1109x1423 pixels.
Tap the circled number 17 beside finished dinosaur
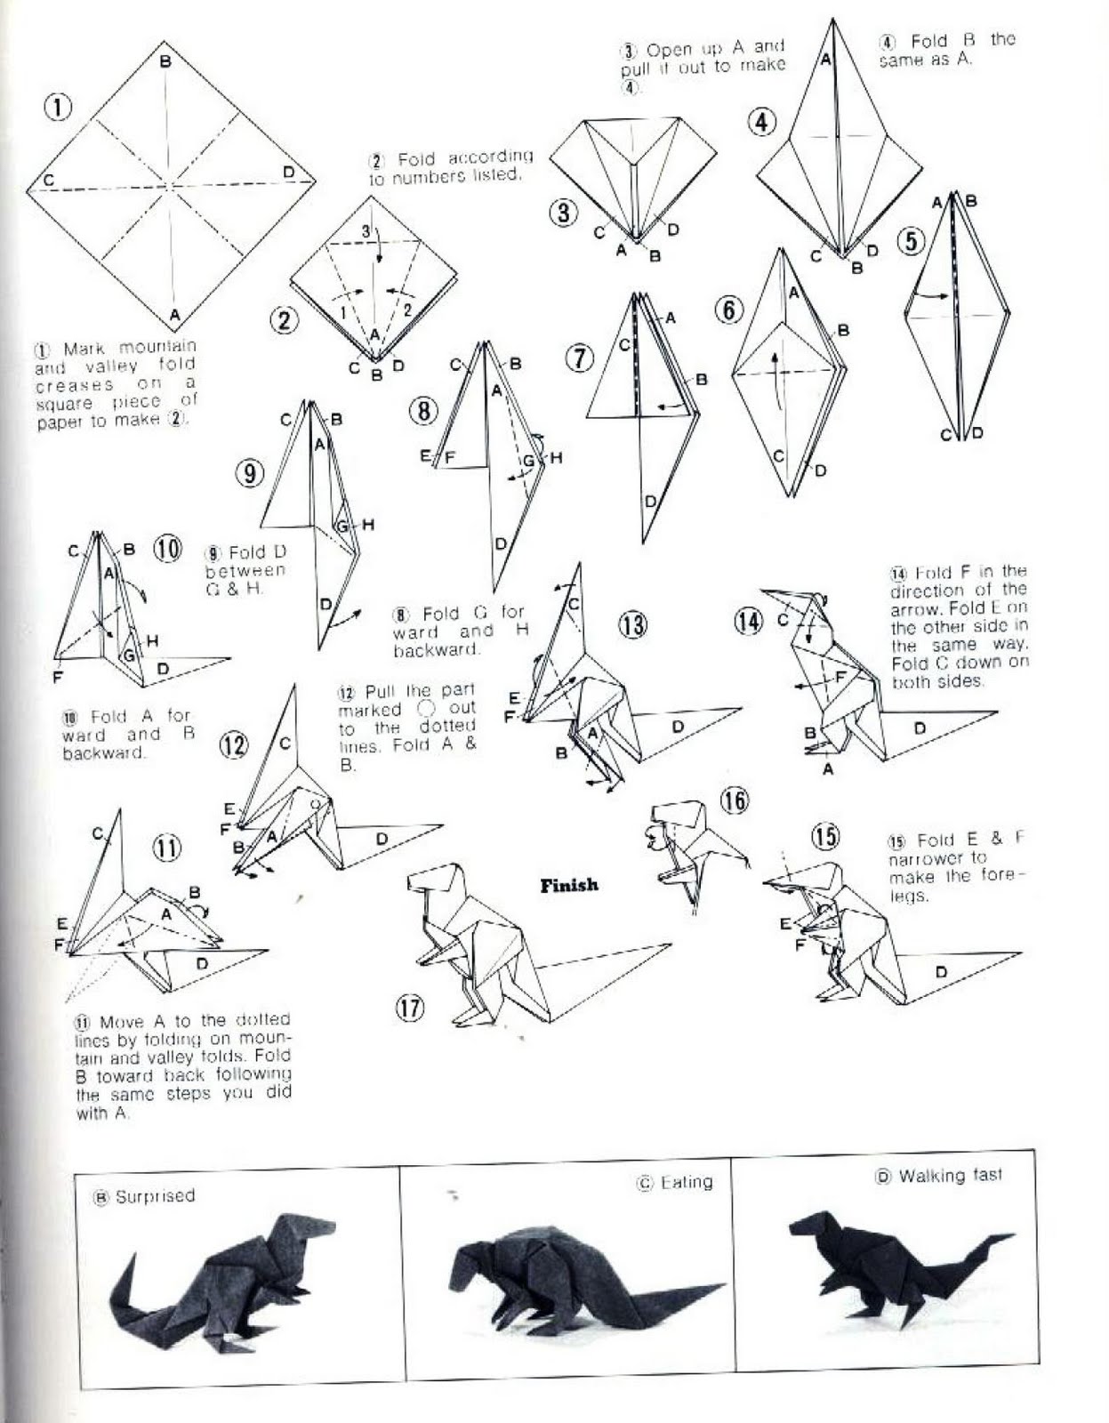[410, 1007]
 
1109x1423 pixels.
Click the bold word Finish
[569, 885]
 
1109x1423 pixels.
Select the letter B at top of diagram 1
[165, 61]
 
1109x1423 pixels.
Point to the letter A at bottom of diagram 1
[175, 314]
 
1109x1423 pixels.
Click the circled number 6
[728, 310]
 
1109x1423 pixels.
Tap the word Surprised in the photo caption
[155, 1196]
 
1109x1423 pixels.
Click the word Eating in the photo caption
[687, 1182]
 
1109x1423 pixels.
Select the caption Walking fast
[949, 1176]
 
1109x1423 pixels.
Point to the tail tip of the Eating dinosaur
[722, 1286]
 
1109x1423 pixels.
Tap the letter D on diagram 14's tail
[920, 728]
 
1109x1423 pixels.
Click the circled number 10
[167, 549]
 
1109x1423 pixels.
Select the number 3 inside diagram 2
[366, 231]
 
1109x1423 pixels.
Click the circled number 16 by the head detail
[734, 800]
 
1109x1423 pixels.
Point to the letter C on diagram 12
[285, 744]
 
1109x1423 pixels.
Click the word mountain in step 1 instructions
[157, 346]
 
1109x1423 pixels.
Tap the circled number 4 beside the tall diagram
[761, 122]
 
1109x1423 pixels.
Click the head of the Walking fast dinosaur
[805, 1228]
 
